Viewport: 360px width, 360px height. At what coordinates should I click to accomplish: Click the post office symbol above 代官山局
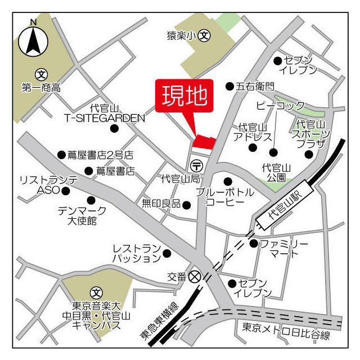tap(197, 165)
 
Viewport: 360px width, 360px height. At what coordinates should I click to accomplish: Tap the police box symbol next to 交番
tap(195, 276)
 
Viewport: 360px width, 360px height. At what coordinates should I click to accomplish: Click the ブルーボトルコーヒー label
tap(225, 196)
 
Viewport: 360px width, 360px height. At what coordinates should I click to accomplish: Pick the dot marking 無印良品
tap(187, 204)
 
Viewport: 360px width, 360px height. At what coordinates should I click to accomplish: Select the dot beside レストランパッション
tap(166, 253)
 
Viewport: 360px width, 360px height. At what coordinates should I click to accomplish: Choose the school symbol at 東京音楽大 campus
tap(97, 293)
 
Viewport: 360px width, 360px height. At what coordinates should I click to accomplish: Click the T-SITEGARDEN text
tap(104, 118)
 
